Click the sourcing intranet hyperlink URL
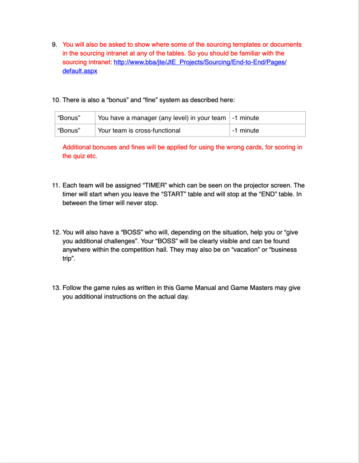[x=200, y=62]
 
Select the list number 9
[x=54, y=45]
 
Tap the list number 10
[x=56, y=100]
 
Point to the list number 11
[x=56, y=186]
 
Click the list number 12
[x=56, y=232]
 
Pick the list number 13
[x=56, y=288]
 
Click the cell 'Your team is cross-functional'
[x=139, y=130]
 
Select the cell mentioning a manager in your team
[x=161, y=118]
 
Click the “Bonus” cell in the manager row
[x=69, y=118]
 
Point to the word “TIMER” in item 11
[x=156, y=186]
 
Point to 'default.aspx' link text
[x=80, y=71]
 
